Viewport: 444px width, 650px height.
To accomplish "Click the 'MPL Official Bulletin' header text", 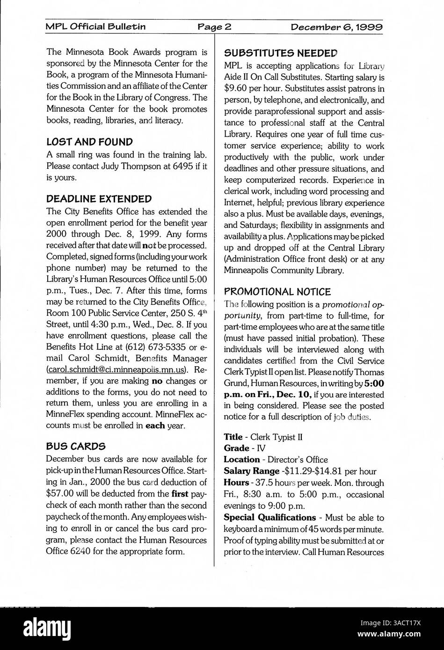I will coord(95,27).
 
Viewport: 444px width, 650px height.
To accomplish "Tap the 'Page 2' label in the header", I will coord(214,27).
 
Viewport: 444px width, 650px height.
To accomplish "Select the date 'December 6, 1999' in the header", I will coord(337,27).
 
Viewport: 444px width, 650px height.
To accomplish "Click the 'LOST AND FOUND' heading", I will coord(89,142).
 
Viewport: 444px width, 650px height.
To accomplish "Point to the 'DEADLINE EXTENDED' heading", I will coord(99,199).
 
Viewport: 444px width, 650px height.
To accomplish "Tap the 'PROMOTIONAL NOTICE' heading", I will coord(277,291).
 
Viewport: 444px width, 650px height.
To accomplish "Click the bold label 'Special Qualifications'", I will coord(269,517).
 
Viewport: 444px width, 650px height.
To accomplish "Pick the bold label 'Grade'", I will coord(236,448).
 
